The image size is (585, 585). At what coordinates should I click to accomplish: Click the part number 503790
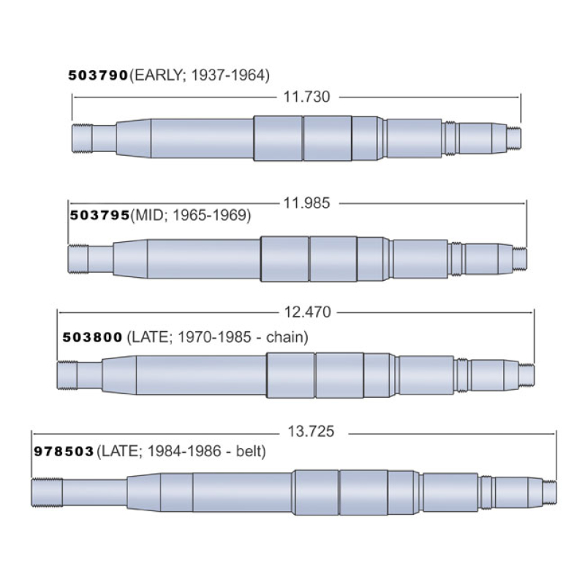click(x=98, y=75)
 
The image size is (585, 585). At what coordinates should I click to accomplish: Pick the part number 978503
click(x=64, y=451)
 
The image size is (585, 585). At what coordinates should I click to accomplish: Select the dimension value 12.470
click(x=307, y=312)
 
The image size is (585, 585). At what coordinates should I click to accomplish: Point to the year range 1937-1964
click(x=228, y=75)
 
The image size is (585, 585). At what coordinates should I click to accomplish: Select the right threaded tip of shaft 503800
click(x=526, y=374)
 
